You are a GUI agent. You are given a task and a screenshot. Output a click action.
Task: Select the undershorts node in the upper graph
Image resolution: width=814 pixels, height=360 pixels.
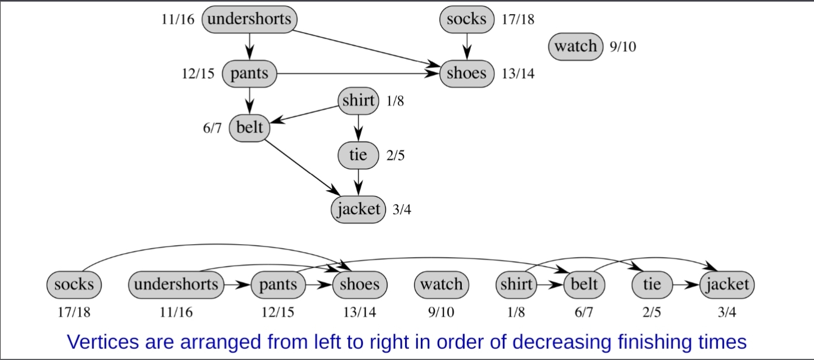pyautogui.click(x=249, y=20)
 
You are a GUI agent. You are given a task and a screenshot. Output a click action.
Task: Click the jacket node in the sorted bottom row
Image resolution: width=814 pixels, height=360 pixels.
pyautogui.click(x=727, y=285)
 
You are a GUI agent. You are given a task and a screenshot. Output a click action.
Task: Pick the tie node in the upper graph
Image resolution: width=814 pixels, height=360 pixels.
pyautogui.click(x=358, y=155)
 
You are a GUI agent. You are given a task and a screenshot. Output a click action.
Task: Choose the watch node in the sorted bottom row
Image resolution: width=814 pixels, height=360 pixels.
pyautogui.click(x=441, y=285)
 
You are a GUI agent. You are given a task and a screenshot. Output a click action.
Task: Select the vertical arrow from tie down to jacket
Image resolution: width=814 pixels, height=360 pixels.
pyautogui.click(x=358, y=182)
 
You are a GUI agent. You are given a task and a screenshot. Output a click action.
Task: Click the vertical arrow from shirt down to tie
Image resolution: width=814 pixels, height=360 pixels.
pyautogui.click(x=358, y=127)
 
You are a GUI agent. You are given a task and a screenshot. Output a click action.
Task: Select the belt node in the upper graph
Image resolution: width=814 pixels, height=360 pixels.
pyautogui.click(x=249, y=128)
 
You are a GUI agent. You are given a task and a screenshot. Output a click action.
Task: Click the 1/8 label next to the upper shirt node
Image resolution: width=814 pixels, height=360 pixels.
pyautogui.click(x=395, y=101)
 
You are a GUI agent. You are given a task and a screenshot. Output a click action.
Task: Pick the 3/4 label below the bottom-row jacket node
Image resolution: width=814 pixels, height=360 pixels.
pyautogui.click(x=727, y=313)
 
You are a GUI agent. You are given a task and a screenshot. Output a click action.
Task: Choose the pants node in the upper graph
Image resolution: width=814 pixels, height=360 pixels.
pyautogui.click(x=249, y=74)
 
